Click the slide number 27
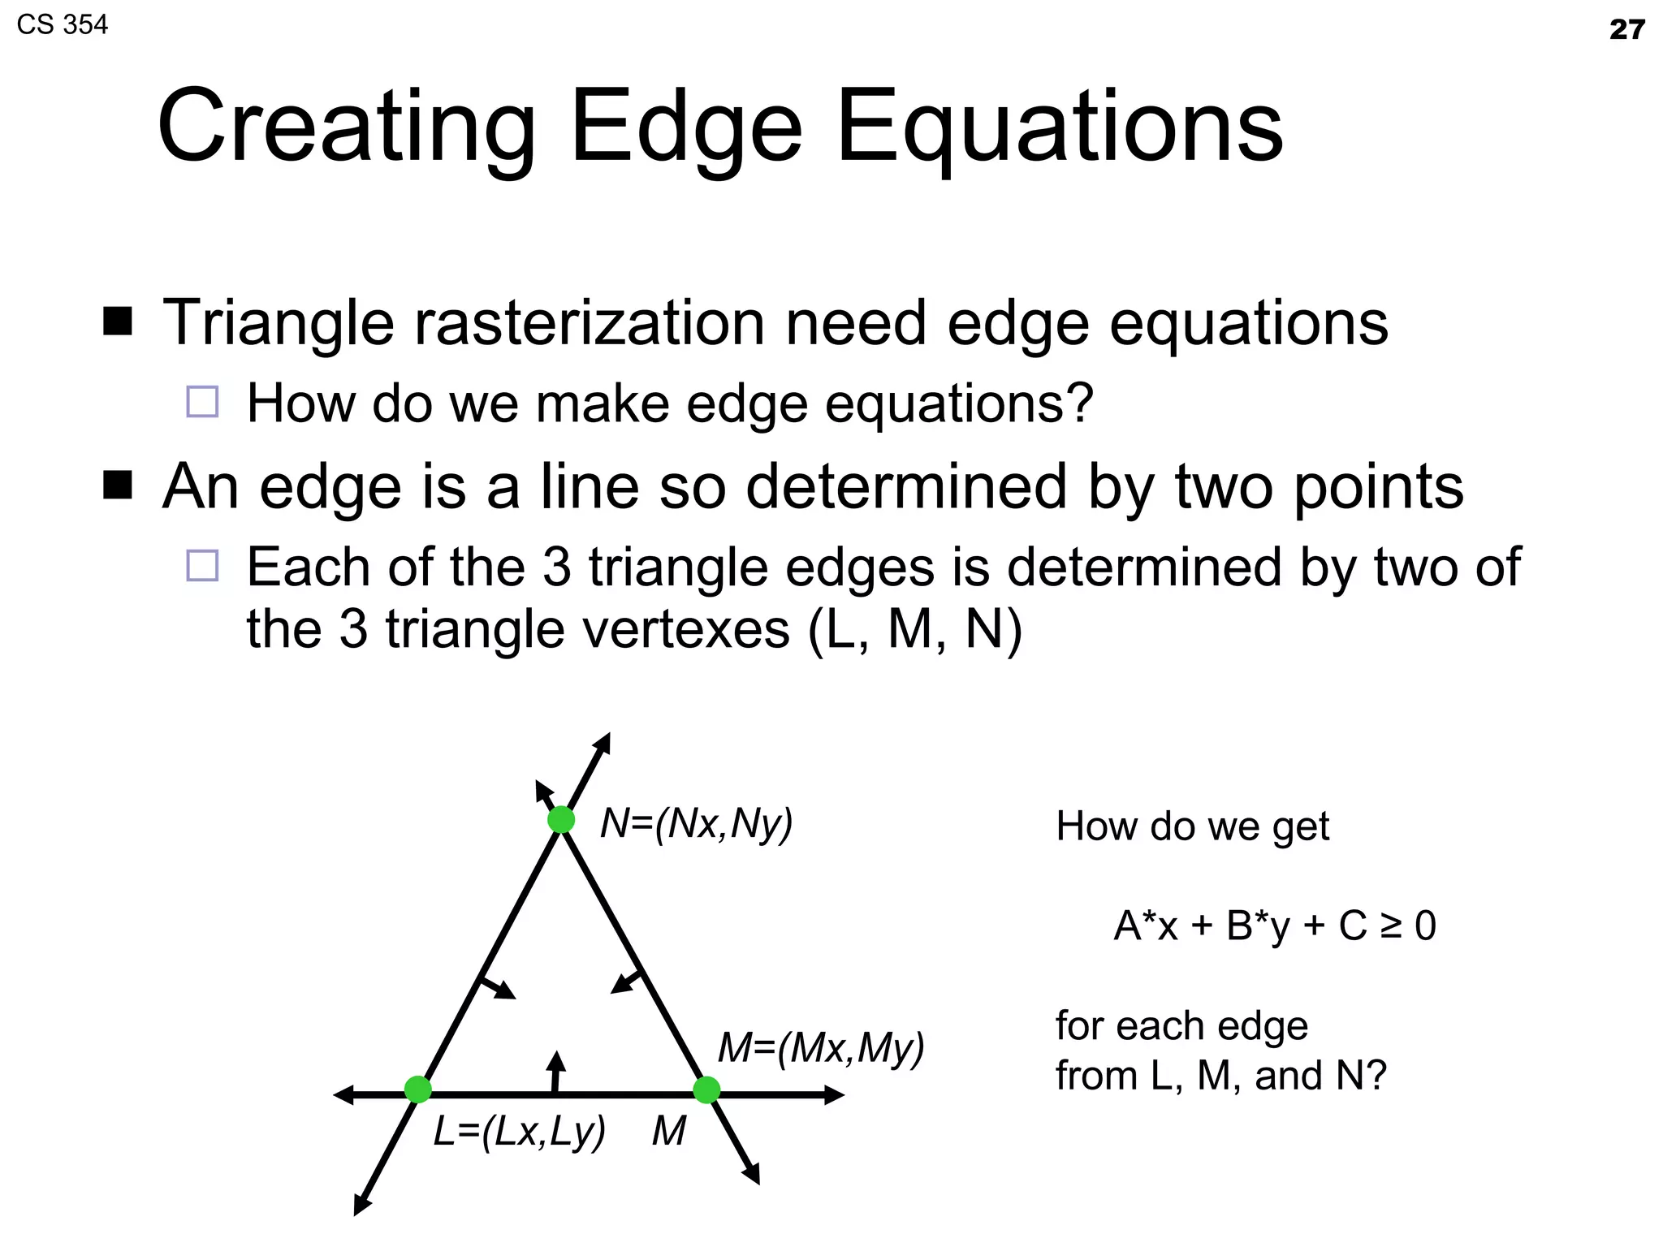point(1626,30)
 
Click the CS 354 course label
point(62,24)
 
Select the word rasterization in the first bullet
point(590,323)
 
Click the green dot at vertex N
point(561,820)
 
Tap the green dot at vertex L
point(417,1090)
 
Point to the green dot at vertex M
point(706,1090)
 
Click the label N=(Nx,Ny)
point(696,824)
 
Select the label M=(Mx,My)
point(821,1048)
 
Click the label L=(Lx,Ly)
point(520,1131)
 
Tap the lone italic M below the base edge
point(669,1131)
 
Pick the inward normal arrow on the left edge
point(497,987)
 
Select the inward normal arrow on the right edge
point(626,982)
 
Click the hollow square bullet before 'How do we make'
point(202,402)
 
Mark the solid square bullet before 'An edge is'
point(118,485)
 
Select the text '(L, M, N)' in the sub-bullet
point(915,629)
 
